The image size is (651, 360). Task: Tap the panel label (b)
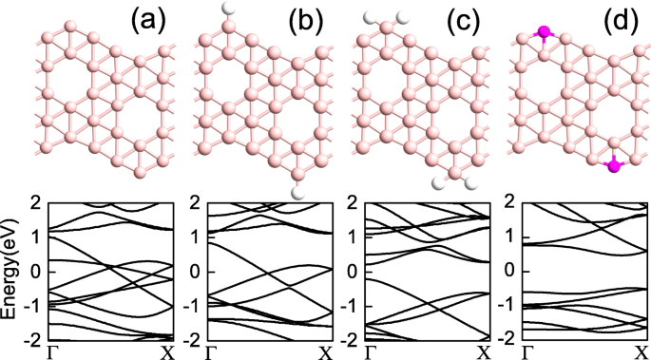[307, 18]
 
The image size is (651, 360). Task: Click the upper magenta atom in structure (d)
[544, 33]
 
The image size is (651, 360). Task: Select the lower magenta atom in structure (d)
[614, 166]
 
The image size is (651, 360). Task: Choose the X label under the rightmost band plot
[641, 352]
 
